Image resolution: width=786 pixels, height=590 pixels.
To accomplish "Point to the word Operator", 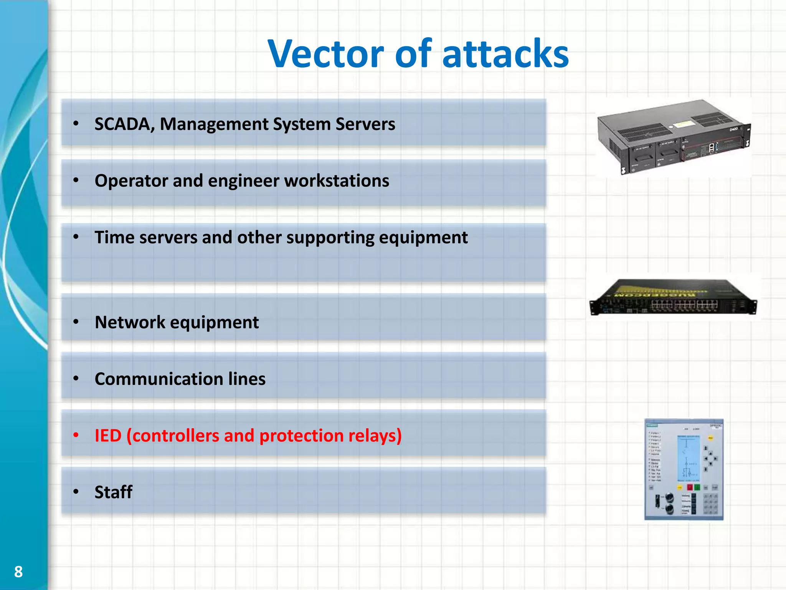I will pos(131,181).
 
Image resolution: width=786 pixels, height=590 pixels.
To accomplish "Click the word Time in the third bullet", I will pos(114,237).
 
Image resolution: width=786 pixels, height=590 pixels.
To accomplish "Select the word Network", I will pos(130,322).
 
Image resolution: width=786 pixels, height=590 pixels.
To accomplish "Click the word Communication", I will pos(159,379).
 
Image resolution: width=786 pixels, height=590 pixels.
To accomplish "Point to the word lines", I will pos(247,379).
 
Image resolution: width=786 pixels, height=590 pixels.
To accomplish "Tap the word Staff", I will pos(114,492).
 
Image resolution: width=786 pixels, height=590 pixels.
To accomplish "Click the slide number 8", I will pos(18,572).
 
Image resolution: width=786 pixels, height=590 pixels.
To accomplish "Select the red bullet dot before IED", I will pos(76,435).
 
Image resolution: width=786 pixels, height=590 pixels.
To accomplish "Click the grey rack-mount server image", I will pos(674,136).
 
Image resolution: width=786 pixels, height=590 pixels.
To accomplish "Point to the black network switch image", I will pos(673,297).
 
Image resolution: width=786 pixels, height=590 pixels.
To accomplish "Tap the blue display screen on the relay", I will pos(689,459).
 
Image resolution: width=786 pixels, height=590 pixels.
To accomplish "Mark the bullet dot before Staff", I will pos(76,492).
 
